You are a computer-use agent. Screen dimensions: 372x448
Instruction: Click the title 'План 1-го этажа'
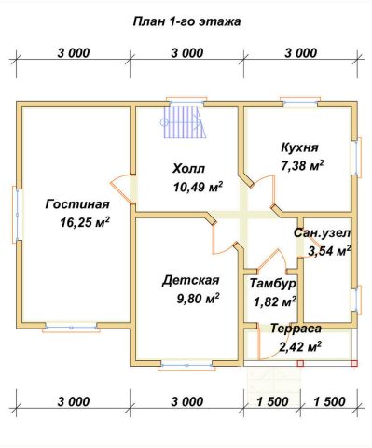click(x=186, y=21)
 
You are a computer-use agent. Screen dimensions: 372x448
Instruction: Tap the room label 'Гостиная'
click(x=77, y=204)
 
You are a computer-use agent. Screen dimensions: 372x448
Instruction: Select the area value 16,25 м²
click(x=85, y=222)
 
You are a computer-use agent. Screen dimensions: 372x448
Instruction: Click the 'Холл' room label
click(x=188, y=169)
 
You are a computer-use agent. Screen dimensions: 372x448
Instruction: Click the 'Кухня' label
click(x=299, y=147)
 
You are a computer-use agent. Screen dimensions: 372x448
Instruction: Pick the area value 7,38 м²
click(x=302, y=165)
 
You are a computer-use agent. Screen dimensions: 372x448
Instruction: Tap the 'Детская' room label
click(x=190, y=280)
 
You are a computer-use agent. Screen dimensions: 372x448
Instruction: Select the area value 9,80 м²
click(x=198, y=299)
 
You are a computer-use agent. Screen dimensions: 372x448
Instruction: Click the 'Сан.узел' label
click(x=322, y=232)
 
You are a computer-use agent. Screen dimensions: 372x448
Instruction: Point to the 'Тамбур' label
click(x=272, y=284)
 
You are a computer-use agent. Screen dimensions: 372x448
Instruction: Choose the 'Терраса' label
click(x=296, y=329)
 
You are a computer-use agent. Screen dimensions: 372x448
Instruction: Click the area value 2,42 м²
click(x=300, y=346)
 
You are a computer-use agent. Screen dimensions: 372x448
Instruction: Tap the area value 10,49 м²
click(x=199, y=187)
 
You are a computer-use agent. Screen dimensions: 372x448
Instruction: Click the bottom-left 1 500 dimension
click(x=272, y=401)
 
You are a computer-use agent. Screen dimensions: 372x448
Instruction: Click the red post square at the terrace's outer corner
click(x=354, y=363)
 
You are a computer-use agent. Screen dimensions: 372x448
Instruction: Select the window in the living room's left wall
click(x=17, y=214)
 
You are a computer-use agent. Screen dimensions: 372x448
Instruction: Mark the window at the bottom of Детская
click(x=186, y=365)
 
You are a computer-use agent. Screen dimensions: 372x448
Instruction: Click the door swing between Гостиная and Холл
click(x=121, y=189)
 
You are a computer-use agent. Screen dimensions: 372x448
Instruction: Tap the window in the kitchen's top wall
click(x=300, y=102)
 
